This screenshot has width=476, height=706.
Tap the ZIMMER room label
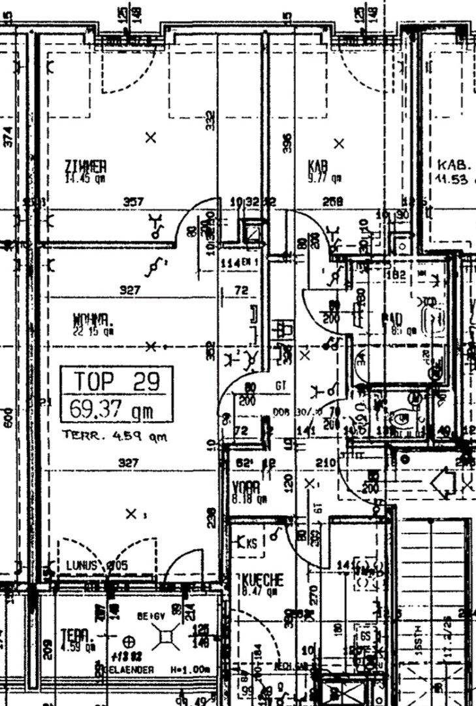click(x=86, y=165)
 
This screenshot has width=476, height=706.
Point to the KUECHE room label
click(x=263, y=580)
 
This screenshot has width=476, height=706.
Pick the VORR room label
click(x=247, y=488)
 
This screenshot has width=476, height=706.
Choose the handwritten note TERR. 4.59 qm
click(x=114, y=435)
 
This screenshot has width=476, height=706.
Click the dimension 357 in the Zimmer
click(x=133, y=203)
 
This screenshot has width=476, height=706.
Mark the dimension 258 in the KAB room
click(x=333, y=203)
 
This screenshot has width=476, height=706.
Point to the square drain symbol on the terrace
click(x=167, y=633)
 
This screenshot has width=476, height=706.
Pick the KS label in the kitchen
click(x=247, y=542)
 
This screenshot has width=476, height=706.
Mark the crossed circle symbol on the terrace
click(x=128, y=640)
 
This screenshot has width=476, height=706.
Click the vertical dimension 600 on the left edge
click(x=8, y=418)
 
